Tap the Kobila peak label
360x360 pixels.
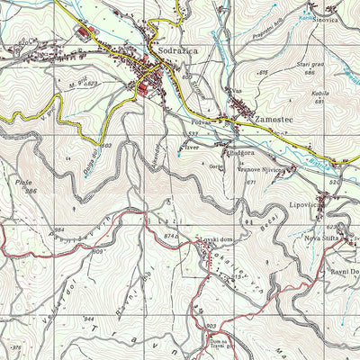point(317,92)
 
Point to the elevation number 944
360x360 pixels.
point(88,319)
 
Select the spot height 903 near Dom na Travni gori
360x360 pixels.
point(211,326)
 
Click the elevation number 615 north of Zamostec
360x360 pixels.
point(264,72)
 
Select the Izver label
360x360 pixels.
point(189,143)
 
